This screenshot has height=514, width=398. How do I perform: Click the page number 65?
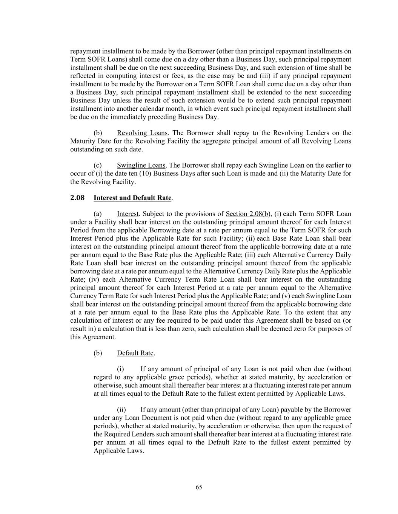click(x=199, y=487)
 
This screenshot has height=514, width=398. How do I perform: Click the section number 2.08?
click(x=77, y=198)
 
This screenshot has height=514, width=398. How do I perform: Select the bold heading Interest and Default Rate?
click(x=132, y=198)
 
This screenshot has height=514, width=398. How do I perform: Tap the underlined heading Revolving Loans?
click(x=142, y=133)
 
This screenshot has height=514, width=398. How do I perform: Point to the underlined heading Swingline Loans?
click(x=141, y=165)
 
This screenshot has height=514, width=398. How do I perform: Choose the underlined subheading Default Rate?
click(x=135, y=353)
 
